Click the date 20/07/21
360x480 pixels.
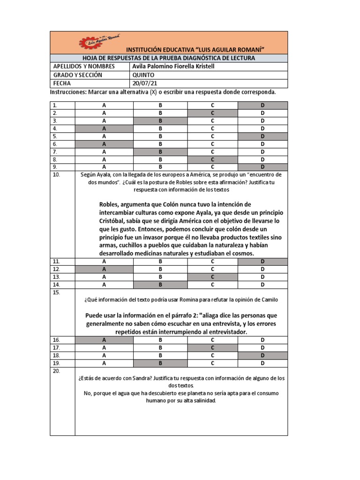pos(142,83)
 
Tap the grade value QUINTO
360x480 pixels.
pos(143,75)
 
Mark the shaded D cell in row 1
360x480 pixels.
pos(262,105)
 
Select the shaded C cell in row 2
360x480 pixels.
pos(211,113)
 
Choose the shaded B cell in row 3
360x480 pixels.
pos(160,120)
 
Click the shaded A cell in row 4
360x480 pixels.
pos(104,128)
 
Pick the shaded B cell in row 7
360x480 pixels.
pos(160,151)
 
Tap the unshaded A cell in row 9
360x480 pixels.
pos(104,166)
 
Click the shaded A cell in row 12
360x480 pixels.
pos(104,269)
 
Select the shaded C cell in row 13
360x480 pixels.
pos(211,277)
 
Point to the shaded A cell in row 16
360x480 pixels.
pos(104,340)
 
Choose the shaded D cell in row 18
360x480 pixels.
pos(262,355)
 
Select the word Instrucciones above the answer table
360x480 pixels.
pos(67,92)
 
